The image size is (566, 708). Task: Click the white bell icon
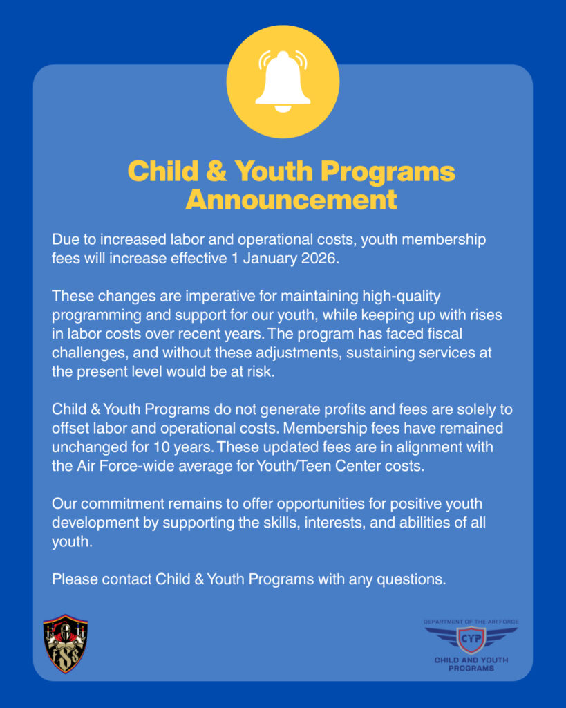[283, 82]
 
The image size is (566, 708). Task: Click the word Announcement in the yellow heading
[291, 200]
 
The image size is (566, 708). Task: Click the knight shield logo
[65, 644]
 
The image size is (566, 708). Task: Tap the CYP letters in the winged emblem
[471, 638]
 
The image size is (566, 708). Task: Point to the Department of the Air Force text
[471, 622]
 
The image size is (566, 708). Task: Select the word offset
[72, 428]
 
